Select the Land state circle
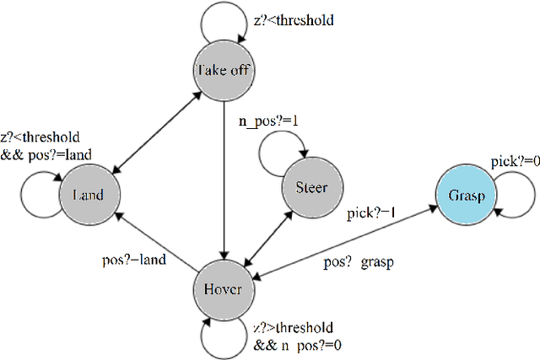[88, 195]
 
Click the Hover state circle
[223, 289]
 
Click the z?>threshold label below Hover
[293, 327]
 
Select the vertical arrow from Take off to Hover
[222, 177]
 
